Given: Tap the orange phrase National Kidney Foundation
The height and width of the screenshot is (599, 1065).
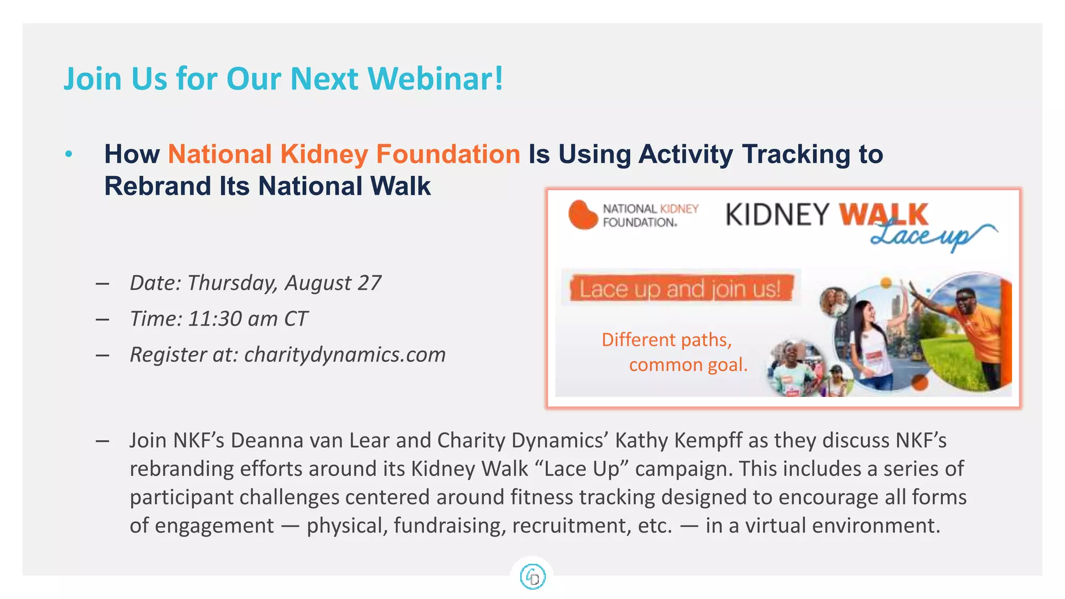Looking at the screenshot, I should coord(344,154).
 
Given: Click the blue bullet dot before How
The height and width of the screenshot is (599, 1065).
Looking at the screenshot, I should coord(69,154).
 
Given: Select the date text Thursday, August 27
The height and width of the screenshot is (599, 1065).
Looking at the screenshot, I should coord(284,283).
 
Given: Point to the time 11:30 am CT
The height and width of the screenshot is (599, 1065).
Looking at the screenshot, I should coord(248,319).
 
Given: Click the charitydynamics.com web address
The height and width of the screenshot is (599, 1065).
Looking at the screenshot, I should coord(345,355).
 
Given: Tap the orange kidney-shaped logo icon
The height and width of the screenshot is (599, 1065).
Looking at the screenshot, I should coord(582,215).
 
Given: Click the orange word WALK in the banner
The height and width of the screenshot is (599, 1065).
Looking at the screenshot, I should coord(883,214).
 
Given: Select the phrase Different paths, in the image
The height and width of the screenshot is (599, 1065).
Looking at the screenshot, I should coord(667,340).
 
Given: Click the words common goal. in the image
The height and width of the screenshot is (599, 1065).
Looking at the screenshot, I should coord(688,365).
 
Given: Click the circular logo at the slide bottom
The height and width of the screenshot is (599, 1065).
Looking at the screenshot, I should coord(532,577).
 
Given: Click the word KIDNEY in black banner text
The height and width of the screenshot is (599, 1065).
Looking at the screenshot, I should coord(777,215).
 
